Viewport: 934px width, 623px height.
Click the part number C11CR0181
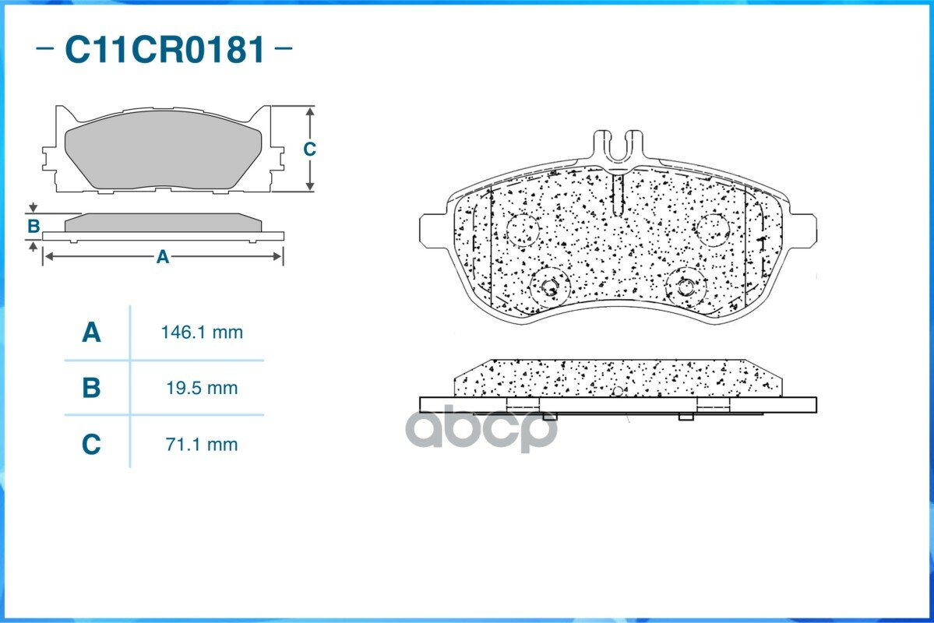tap(164, 50)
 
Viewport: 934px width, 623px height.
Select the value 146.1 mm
tap(202, 333)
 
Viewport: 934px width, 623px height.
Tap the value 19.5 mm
tap(202, 388)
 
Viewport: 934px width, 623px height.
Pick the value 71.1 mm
tap(202, 445)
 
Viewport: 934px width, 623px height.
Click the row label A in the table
tap(91, 333)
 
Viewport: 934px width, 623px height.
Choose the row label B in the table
tap(91, 388)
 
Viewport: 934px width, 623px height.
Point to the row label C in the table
tap(91, 445)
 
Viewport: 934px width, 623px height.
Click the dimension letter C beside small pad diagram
tap(309, 149)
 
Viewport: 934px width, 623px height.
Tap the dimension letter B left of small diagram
tap(33, 227)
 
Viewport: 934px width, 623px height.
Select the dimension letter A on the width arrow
tap(162, 257)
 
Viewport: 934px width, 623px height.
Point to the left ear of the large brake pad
tap(432, 229)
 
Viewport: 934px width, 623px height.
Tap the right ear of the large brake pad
tap(804, 229)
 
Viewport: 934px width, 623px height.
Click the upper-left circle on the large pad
tap(522, 228)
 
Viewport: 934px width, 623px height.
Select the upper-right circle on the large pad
tap(712, 229)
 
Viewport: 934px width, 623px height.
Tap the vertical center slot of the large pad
tap(618, 195)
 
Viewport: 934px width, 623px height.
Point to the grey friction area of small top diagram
tap(162, 156)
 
